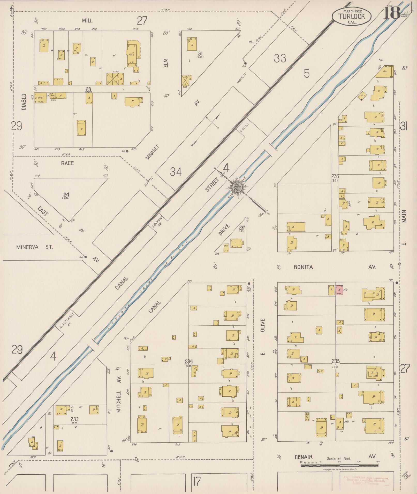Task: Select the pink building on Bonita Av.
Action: pyautogui.click(x=340, y=290)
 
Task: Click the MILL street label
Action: pyautogui.click(x=87, y=21)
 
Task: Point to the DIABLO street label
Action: pyautogui.click(x=24, y=101)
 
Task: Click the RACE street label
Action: pyautogui.click(x=67, y=163)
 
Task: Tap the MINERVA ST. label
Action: pyautogui.click(x=34, y=247)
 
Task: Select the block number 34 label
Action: pyautogui.click(x=176, y=172)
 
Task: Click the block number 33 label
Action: pyautogui.click(x=280, y=58)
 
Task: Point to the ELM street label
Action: pyautogui.click(x=166, y=63)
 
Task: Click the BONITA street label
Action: pyautogui.click(x=303, y=267)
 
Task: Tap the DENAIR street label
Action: pyautogui.click(x=304, y=457)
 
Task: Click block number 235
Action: pyautogui.click(x=336, y=361)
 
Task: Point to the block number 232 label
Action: pyautogui.click(x=74, y=420)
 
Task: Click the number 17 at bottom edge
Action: pyautogui.click(x=197, y=481)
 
